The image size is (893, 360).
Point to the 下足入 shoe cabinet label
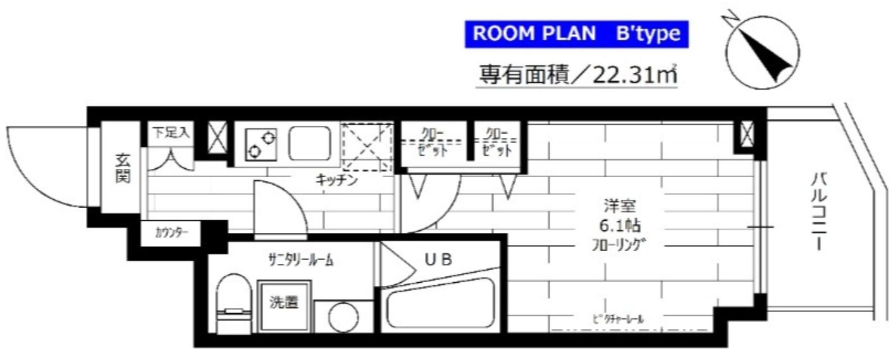[x=169, y=133]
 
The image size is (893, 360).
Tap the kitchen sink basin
[x=310, y=143]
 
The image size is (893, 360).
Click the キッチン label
[x=337, y=180]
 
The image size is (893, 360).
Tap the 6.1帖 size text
[x=613, y=225]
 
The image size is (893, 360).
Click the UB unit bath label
[x=438, y=259]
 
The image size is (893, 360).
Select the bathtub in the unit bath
[x=441, y=307]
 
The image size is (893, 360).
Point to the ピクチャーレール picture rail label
[x=619, y=320]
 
